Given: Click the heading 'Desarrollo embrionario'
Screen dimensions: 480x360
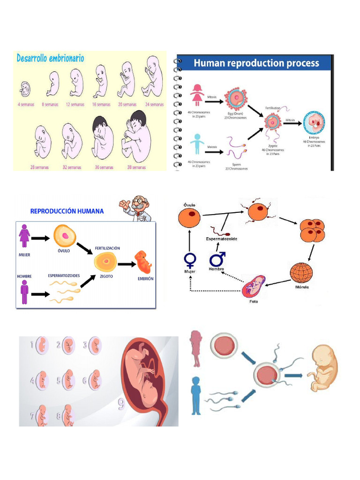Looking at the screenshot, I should coord(51,59).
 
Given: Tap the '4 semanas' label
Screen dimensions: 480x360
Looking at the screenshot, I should coord(25,105).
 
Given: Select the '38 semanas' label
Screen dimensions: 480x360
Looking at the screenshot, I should coord(136,167).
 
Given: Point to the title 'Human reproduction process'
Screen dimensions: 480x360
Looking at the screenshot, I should coord(256,63).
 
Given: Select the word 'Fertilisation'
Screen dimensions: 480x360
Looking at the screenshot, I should coord(272,108).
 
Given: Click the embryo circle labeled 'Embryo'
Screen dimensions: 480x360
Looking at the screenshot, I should coord(314,123).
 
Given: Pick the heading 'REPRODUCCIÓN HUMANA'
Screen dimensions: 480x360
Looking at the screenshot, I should coord(67,211).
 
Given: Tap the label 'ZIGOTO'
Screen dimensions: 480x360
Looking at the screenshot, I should coord(106,277).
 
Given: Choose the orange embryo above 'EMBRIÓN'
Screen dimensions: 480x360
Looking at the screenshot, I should coord(143,262).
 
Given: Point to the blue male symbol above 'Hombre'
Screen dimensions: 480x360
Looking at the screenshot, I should coord(217,259).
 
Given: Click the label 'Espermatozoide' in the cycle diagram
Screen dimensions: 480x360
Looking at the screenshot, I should coord(222,239).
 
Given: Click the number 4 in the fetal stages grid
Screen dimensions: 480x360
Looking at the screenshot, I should coord(33,380).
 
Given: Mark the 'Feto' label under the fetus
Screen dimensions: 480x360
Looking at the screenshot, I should coord(253,301).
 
